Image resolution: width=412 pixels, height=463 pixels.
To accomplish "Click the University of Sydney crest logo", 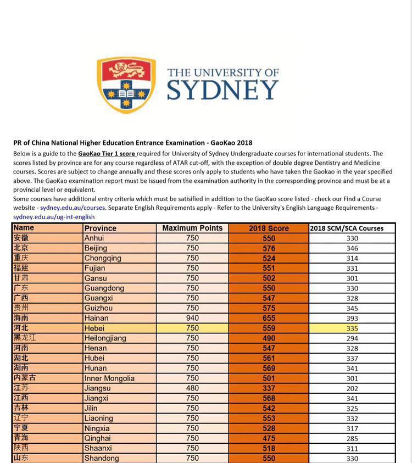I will point(126,84).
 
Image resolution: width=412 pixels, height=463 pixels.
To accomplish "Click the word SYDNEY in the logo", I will point(222,91).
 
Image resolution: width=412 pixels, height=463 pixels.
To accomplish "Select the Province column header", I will point(101,228).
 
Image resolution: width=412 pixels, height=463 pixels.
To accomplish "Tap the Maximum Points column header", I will point(192,228).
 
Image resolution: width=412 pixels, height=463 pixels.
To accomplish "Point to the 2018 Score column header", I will point(269,228).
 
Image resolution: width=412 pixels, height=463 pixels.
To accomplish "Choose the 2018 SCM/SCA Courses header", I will point(347,228).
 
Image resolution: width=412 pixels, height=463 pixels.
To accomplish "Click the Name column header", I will point(24,227).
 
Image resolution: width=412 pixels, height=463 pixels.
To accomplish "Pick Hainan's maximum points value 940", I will point(192,318).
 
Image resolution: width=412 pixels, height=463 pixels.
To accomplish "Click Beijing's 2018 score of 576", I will point(269,248).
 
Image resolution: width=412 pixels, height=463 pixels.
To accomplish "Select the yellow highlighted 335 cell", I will point(352,328).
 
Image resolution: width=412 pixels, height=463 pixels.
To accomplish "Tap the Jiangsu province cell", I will point(97,388).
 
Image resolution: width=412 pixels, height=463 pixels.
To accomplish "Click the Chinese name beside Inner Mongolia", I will point(25,378).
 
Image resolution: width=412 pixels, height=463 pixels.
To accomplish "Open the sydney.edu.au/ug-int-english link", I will point(54,217).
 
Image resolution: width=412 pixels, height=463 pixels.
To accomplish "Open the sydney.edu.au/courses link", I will point(72,208).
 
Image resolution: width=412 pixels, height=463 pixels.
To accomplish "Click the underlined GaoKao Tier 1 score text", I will point(107,154).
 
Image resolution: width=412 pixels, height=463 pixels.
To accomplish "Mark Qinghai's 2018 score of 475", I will point(269,438).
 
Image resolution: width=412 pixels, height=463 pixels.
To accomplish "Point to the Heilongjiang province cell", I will point(105,338).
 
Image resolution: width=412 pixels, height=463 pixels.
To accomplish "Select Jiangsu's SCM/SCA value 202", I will point(352,388).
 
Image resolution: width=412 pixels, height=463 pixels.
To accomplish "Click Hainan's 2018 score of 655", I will point(269,318).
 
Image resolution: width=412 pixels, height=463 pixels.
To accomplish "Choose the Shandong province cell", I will point(102,458).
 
